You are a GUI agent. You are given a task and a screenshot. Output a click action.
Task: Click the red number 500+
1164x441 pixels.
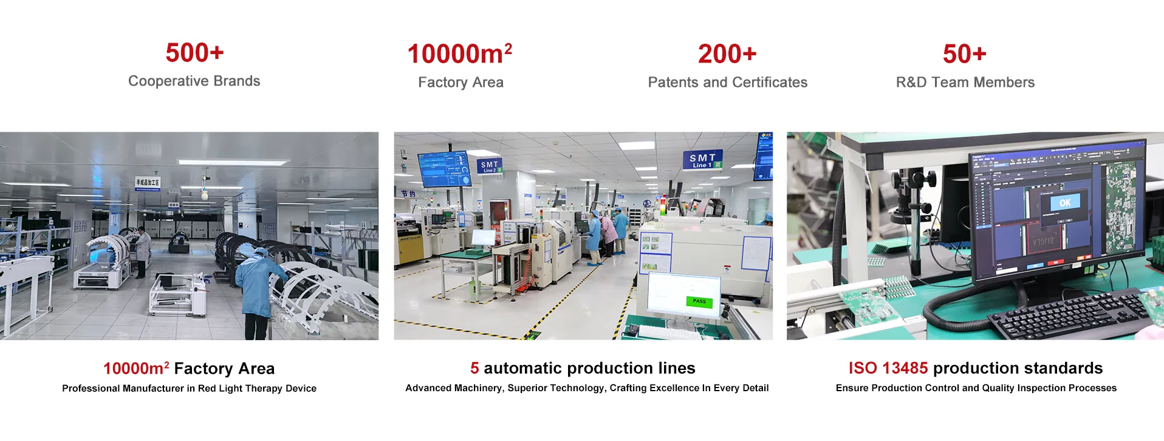(194, 53)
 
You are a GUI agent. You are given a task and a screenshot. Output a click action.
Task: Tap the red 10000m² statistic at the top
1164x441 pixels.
(459, 54)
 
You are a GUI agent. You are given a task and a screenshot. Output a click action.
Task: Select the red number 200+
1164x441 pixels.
(727, 54)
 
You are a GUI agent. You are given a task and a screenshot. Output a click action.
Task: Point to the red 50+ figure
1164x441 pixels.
(964, 54)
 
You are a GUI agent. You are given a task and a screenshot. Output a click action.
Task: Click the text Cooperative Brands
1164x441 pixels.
(194, 81)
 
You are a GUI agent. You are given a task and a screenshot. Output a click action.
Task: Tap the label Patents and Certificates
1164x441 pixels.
(727, 83)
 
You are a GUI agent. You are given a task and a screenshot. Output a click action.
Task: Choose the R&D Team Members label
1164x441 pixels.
(965, 83)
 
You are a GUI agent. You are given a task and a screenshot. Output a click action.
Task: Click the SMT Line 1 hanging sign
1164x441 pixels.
(702, 160)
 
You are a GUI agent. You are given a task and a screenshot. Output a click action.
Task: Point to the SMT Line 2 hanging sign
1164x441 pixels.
(490, 166)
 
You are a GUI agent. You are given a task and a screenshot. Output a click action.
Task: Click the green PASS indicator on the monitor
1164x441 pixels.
(699, 301)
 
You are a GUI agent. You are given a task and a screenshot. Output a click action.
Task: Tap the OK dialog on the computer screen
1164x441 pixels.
(1065, 203)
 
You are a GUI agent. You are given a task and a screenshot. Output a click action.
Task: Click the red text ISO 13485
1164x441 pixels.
(888, 368)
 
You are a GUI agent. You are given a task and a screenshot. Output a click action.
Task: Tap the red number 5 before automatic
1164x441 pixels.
(474, 368)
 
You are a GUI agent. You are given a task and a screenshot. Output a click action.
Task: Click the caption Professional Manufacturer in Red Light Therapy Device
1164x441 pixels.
(189, 389)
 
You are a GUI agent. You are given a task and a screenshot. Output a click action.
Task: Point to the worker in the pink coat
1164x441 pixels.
(594, 237)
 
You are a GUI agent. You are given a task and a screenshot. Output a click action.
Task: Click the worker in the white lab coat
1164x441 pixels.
(142, 250)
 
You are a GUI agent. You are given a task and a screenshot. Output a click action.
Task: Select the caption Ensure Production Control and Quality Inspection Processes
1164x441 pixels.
(976, 388)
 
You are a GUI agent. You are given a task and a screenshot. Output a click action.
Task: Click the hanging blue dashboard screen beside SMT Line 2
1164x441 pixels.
(444, 169)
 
